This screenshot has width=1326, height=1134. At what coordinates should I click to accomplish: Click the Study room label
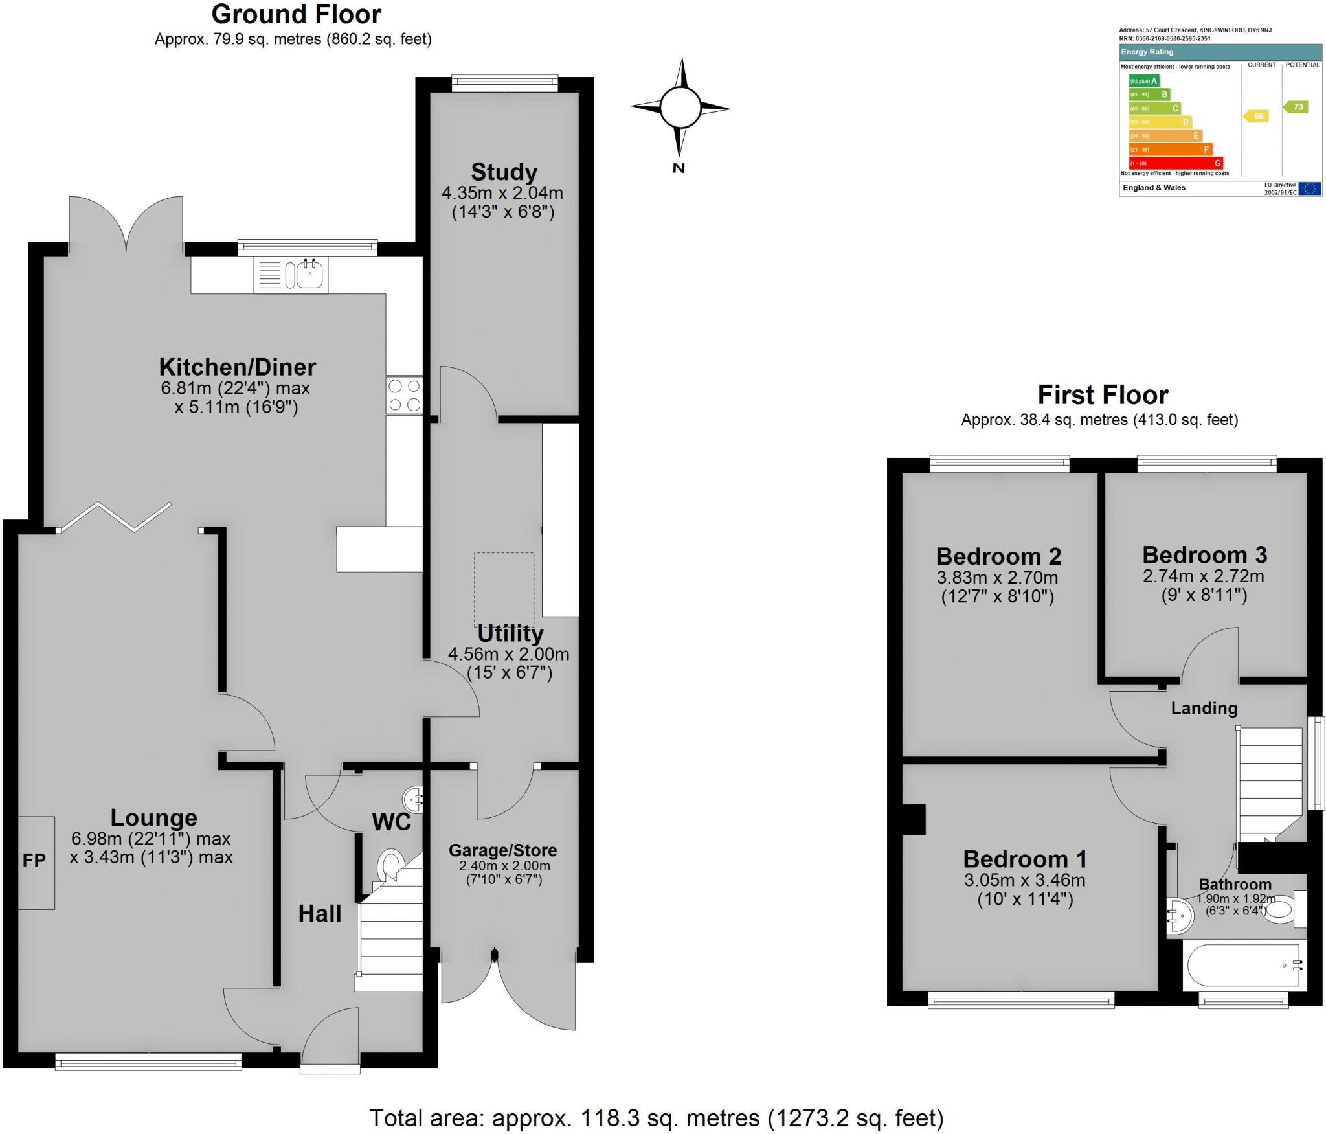(504, 172)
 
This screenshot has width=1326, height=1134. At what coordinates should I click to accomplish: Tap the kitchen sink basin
(310, 275)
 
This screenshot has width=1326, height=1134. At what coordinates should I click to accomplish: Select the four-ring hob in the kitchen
(404, 396)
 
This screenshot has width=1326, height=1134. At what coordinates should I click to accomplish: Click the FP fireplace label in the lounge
(34, 860)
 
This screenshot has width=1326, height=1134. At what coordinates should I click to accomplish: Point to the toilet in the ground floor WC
(390, 865)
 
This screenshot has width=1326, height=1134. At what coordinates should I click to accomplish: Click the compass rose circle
(680, 108)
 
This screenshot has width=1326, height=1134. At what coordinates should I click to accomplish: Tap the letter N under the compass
(679, 168)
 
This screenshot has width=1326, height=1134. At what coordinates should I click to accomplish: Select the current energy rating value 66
(1257, 116)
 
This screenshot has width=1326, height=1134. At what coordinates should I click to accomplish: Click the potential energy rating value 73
(1297, 107)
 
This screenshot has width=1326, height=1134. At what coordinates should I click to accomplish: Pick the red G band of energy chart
(1175, 163)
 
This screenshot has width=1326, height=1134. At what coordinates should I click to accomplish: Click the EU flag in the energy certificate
(1309, 188)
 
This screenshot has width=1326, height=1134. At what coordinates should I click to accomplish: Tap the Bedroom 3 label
(1204, 555)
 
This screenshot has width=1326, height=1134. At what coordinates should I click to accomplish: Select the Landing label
(1204, 709)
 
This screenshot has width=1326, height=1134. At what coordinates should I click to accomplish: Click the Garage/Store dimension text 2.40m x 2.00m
(504, 866)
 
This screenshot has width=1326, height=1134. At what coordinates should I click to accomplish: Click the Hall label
(319, 914)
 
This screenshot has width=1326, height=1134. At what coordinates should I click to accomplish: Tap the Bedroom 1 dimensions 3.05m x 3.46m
(1024, 880)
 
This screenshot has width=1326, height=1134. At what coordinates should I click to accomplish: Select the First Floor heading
(1103, 395)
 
